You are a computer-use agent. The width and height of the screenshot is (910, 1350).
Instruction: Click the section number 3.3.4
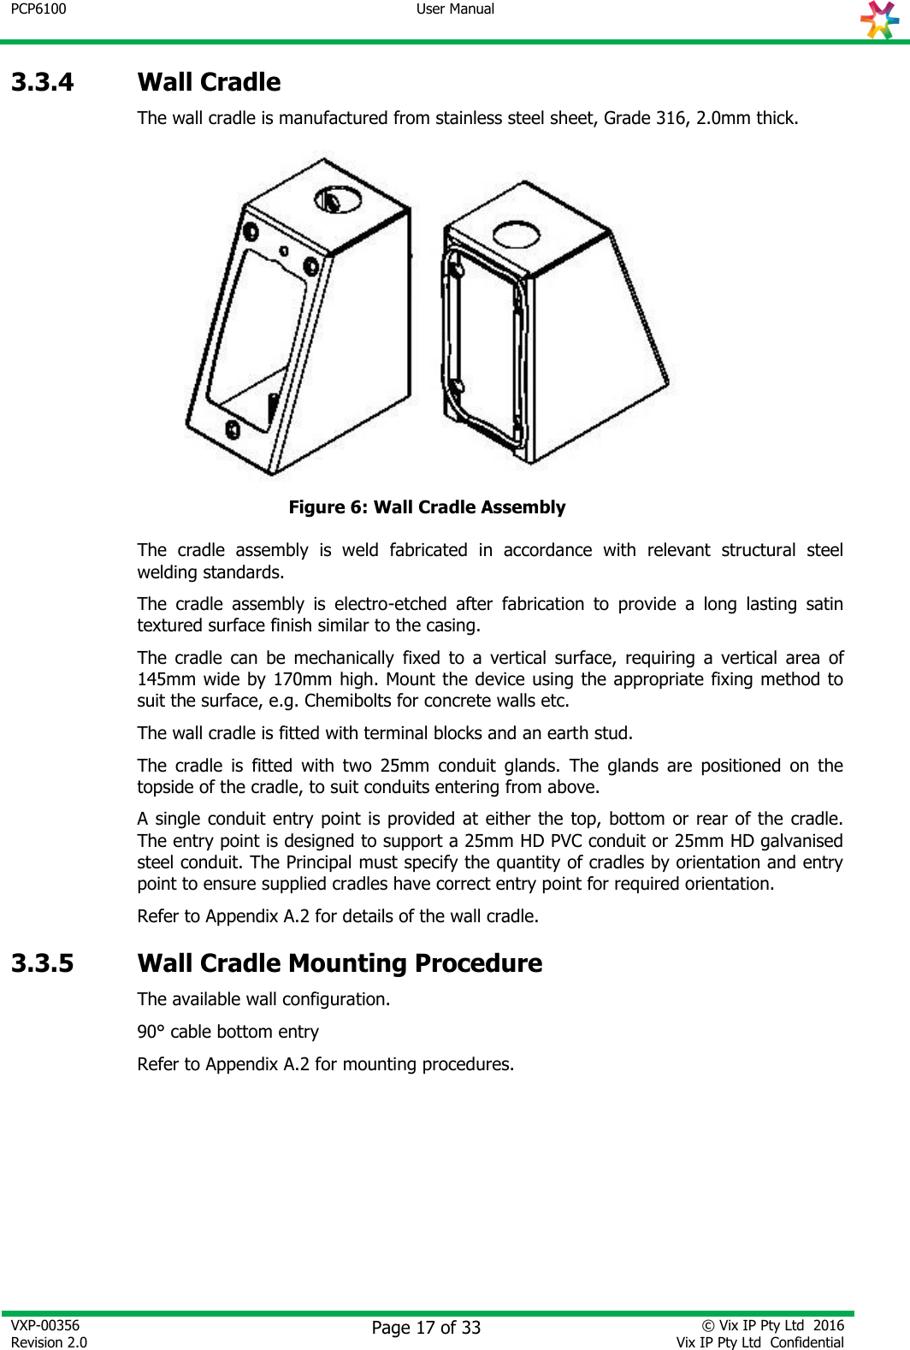click(43, 82)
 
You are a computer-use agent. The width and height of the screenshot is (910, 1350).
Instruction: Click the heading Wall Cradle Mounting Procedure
click(340, 963)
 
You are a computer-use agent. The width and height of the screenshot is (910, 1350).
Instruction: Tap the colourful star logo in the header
click(880, 20)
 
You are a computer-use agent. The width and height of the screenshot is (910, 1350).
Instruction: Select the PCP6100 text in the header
click(38, 9)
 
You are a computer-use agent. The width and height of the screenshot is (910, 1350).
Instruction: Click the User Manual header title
click(455, 9)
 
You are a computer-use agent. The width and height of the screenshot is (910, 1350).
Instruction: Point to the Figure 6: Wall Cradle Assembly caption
click(427, 507)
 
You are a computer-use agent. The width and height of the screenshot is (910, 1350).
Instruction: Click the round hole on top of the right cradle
click(517, 234)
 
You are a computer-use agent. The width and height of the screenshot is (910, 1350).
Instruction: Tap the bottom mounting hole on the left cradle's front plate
click(232, 428)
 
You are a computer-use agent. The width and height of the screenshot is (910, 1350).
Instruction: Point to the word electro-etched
click(390, 604)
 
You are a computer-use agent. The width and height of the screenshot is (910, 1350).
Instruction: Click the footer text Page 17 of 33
click(426, 1328)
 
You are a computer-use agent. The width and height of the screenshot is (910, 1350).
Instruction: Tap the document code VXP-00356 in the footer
click(45, 1325)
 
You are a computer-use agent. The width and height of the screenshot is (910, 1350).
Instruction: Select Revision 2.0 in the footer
click(49, 1342)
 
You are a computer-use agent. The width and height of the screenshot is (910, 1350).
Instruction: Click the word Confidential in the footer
click(807, 1342)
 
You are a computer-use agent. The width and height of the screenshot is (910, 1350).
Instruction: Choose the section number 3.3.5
click(43, 963)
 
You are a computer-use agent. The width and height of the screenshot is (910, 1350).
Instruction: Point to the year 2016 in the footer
click(828, 1325)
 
